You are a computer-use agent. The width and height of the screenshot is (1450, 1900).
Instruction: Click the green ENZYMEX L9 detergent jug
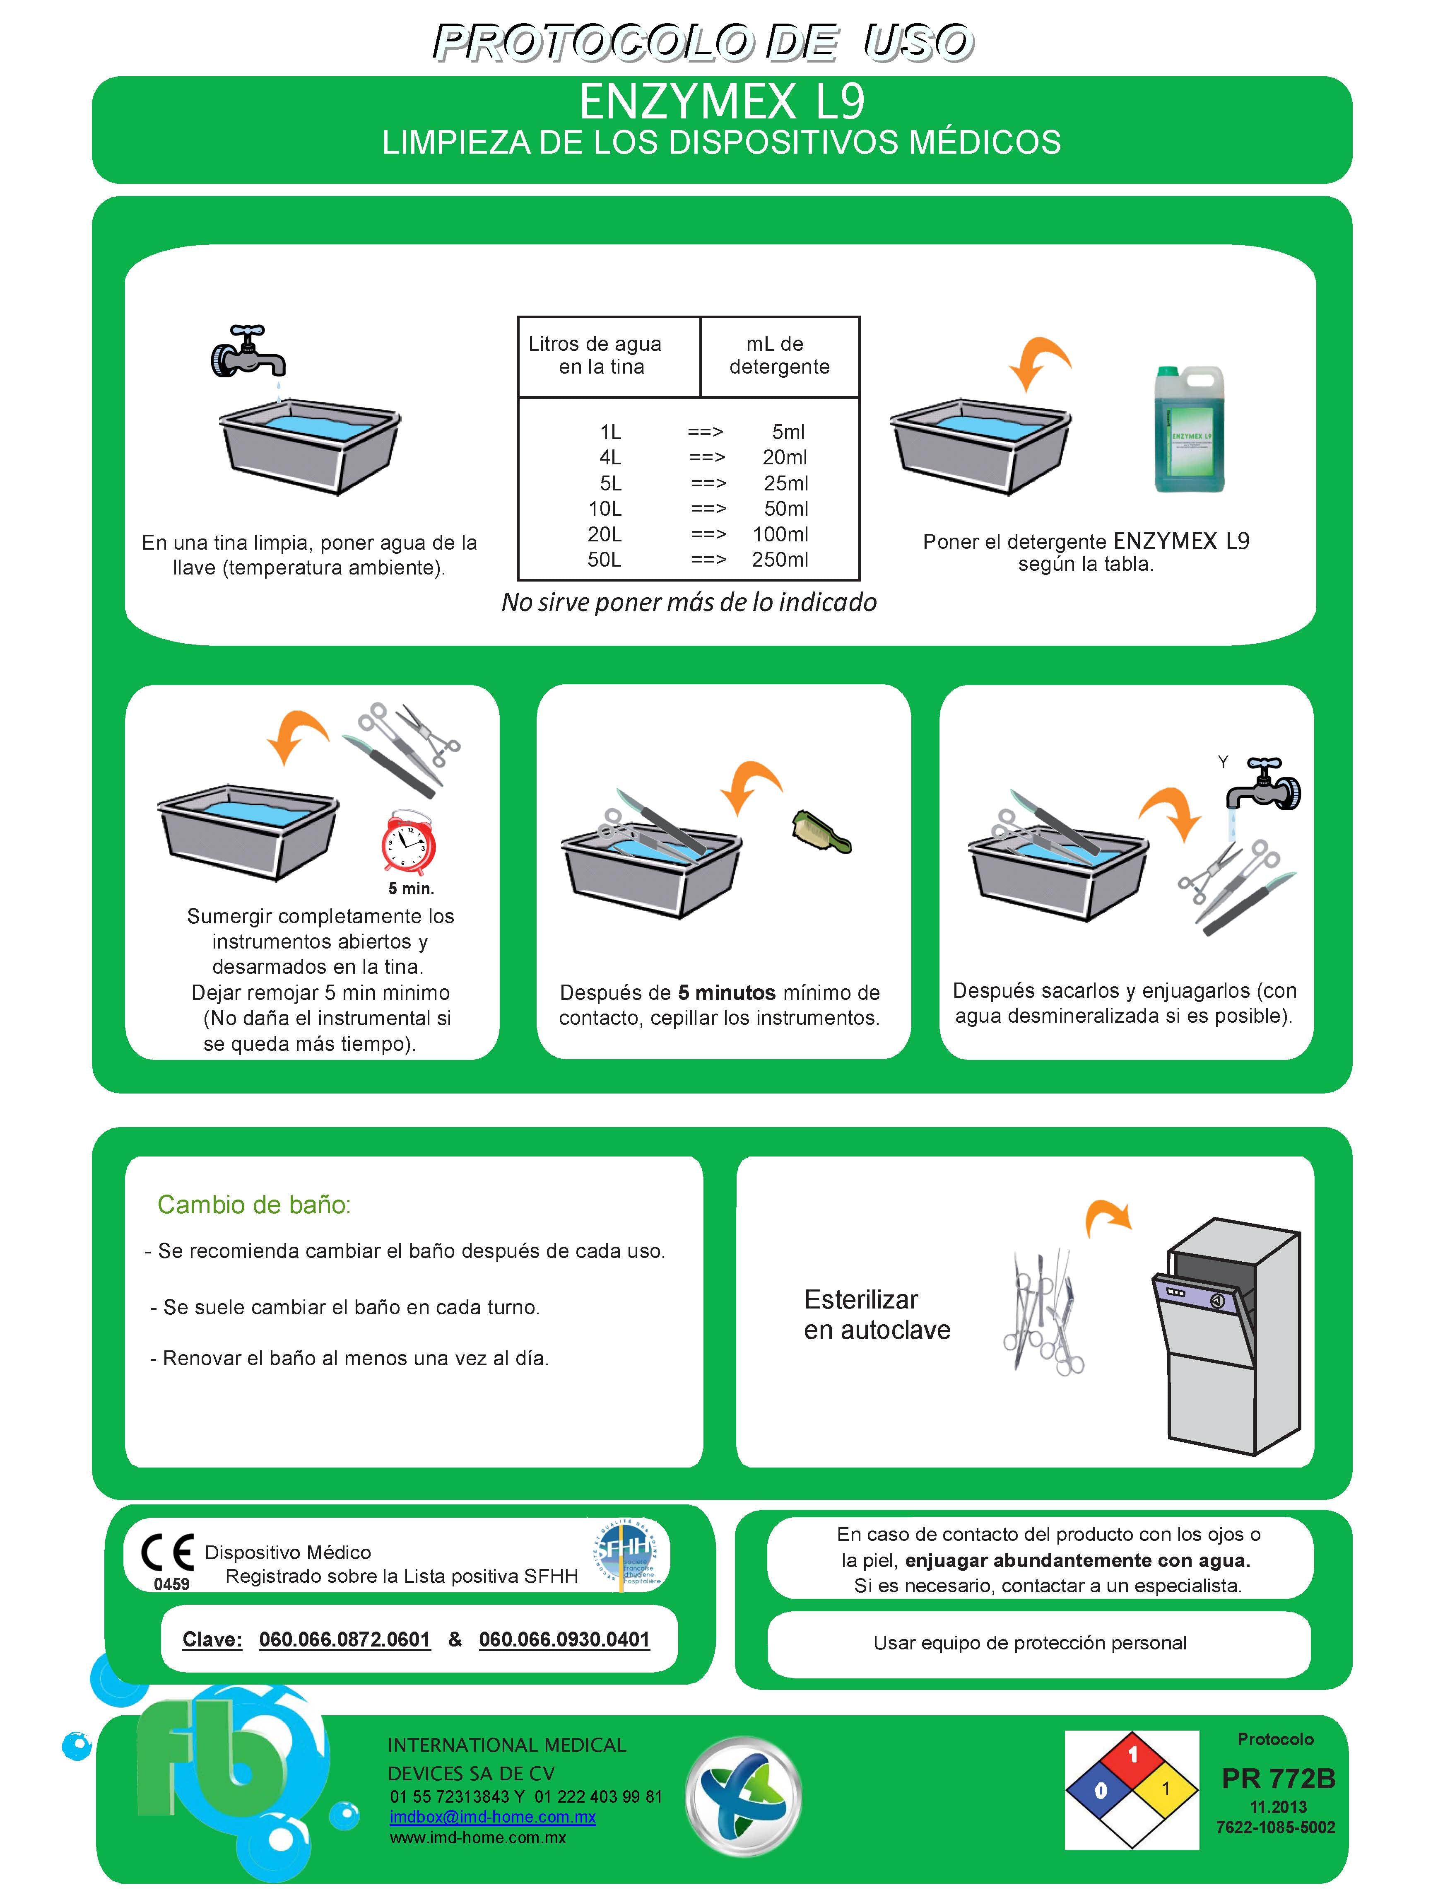coord(1189,429)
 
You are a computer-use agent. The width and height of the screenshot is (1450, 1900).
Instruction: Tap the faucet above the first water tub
coord(248,352)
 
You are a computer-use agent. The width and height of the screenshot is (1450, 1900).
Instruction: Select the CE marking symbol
coord(167,1553)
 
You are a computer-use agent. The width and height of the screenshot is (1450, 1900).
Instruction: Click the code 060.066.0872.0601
coord(344,1639)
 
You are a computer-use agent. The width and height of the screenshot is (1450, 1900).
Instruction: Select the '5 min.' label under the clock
coord(411,888)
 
